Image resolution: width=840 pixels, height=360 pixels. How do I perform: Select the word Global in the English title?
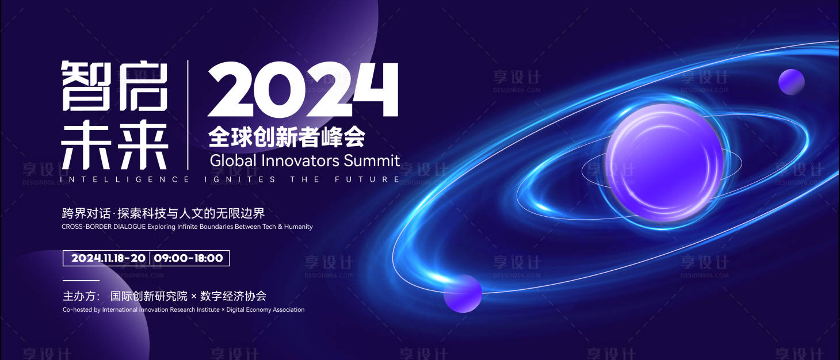(232, 160)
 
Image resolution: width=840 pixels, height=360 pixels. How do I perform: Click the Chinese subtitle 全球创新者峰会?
(287, 137)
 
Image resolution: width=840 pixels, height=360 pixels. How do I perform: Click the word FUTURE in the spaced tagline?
(367, 179)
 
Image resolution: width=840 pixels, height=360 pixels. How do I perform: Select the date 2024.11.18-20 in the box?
(108, 258)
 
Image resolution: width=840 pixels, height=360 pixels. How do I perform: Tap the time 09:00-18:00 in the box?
(188, 258)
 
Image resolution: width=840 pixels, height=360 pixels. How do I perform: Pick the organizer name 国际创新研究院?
(149, 297)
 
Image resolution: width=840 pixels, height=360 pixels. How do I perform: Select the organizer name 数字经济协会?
(233, 297)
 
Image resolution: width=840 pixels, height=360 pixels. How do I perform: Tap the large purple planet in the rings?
(664, 163)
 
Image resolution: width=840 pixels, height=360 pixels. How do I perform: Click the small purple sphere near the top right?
(791, 82)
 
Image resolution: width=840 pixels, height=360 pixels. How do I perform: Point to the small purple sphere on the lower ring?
(463, 293)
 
